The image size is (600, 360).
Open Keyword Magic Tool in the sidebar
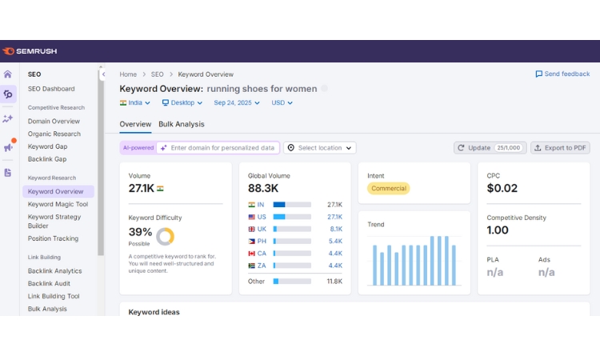click(x=58, y=204)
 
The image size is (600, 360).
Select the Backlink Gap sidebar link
click(x=47, y=159)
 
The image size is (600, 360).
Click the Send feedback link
click(x=562, y=74)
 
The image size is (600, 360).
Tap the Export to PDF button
click(x=560, y=148)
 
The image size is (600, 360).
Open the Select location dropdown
click(x=320, y=148)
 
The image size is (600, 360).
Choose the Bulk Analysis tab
click(x=181, y=124)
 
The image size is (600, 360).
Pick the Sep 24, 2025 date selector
click(x=239, y=103)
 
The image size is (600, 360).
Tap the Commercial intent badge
click(x=388, y=189)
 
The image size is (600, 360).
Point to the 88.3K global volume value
click(x=263, y=189)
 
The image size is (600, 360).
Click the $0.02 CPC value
click(x=502, y=189)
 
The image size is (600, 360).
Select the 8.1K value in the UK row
click(x=334, y=229)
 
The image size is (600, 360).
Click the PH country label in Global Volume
click(x=261, y=241)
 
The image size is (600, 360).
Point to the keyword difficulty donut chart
click(x=165, y=236)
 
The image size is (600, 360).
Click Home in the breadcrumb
click(x=128, y=74)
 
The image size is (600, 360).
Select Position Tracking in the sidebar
click(x=53, y=238)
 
